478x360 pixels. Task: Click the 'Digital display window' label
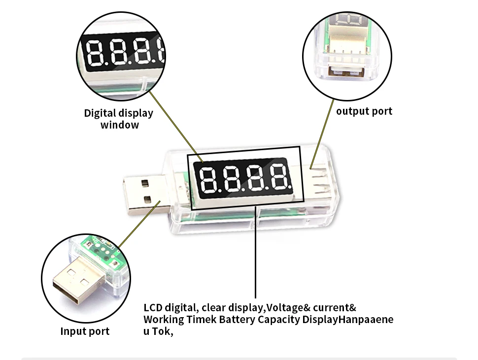coord(119,119)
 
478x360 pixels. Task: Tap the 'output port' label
coord(364,111)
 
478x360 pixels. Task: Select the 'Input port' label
coord(85,331)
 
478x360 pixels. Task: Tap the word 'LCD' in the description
coord(153,308)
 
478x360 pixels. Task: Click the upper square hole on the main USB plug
coord(144,183)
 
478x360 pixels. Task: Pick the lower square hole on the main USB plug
coord(146,200)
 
